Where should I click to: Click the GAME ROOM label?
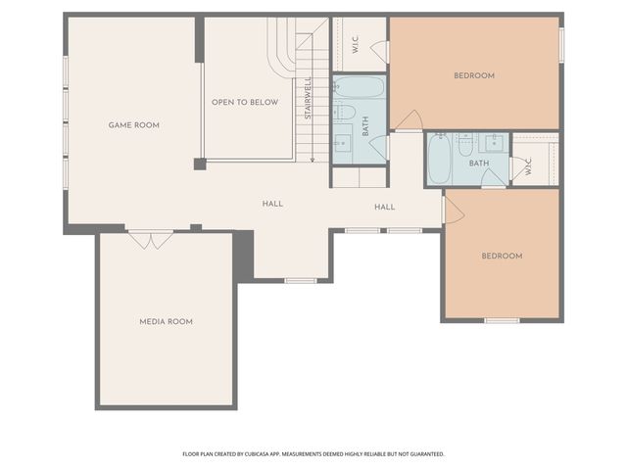click(133, 125)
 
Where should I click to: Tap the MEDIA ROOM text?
click(166, 321)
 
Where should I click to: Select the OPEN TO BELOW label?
click(245, 102)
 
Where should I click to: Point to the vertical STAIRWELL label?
click(308, 98)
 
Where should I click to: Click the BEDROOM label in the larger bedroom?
click(473, 75)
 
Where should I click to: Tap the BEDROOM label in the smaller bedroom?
click(502, 256)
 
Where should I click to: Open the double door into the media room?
click(150, 239)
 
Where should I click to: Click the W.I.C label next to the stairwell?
click(356, 44)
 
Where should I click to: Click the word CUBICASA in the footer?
click(269, 453)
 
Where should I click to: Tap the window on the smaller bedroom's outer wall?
click(502, 320)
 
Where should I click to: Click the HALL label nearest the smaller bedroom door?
click(385, 207)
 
